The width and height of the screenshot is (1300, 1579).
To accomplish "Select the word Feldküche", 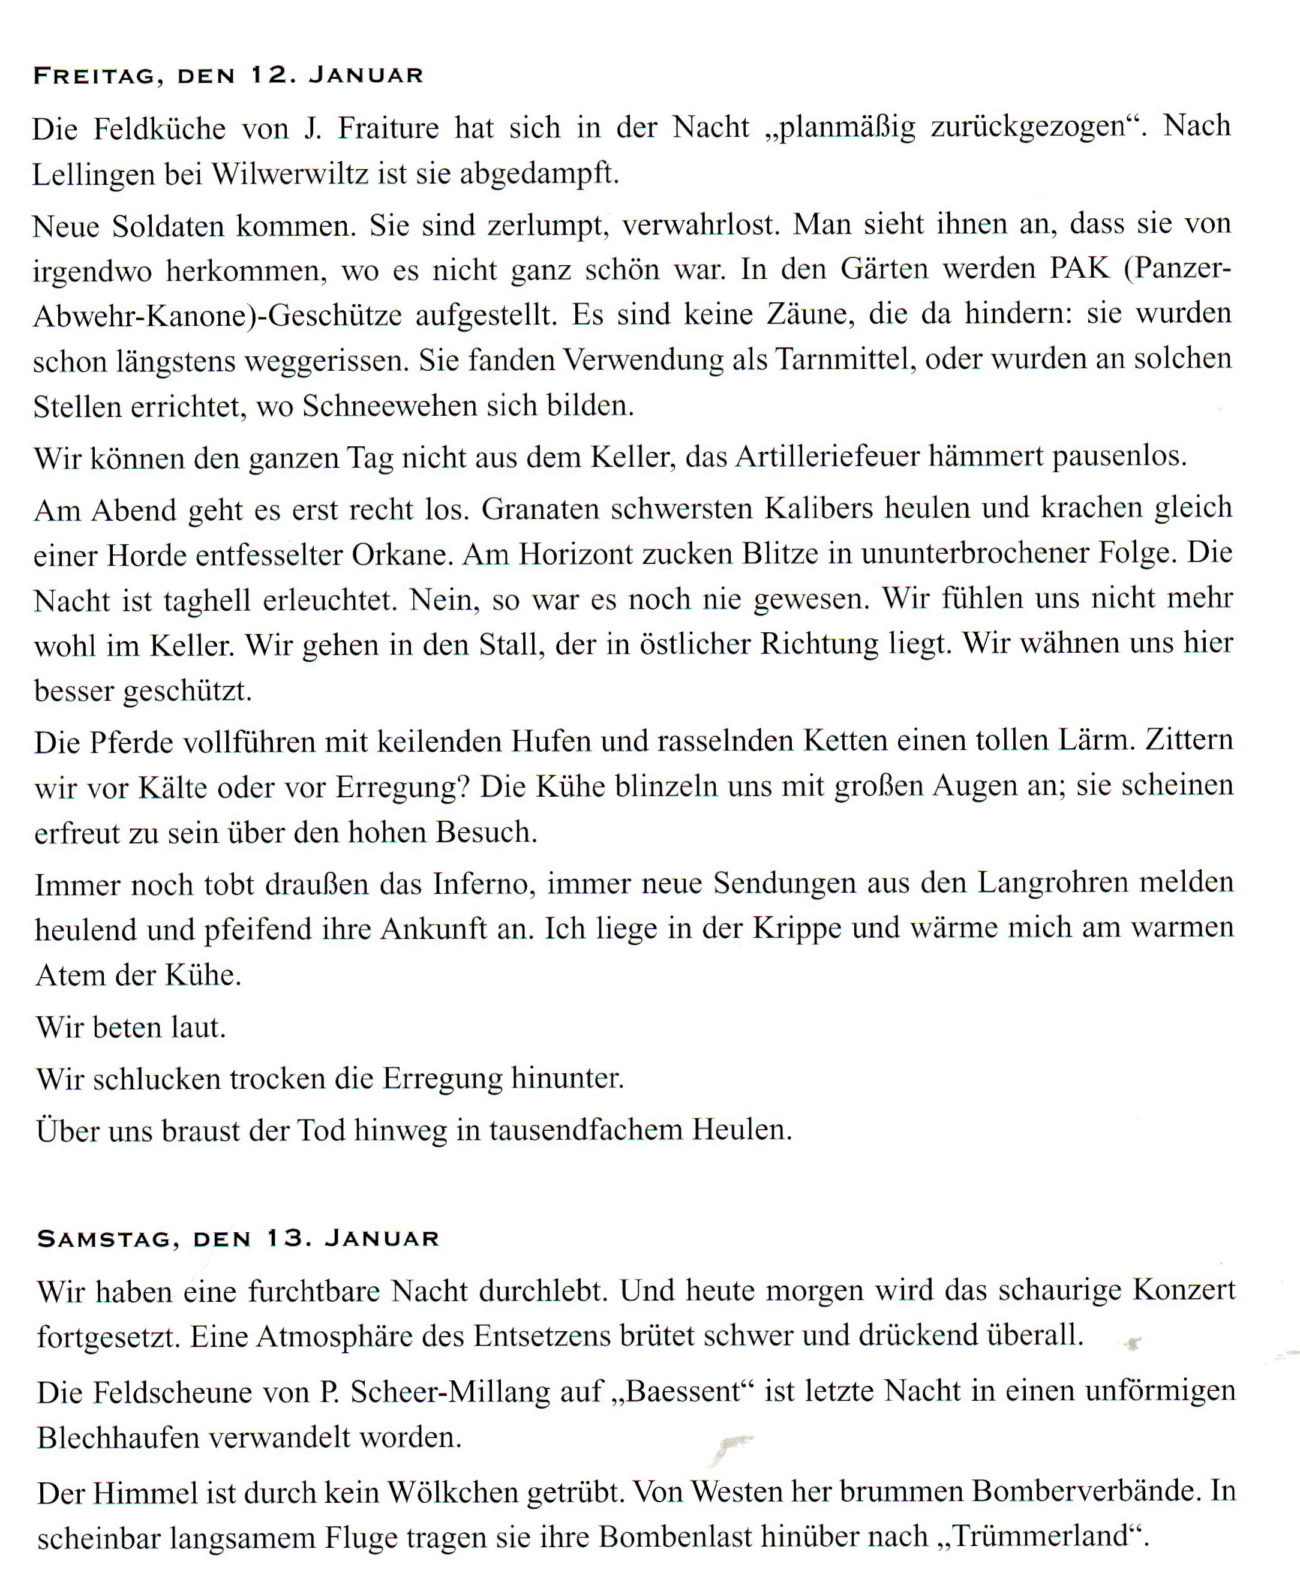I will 159,129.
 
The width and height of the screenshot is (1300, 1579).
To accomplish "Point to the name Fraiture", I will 388,128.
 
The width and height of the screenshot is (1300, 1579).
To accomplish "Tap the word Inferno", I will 483,884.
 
